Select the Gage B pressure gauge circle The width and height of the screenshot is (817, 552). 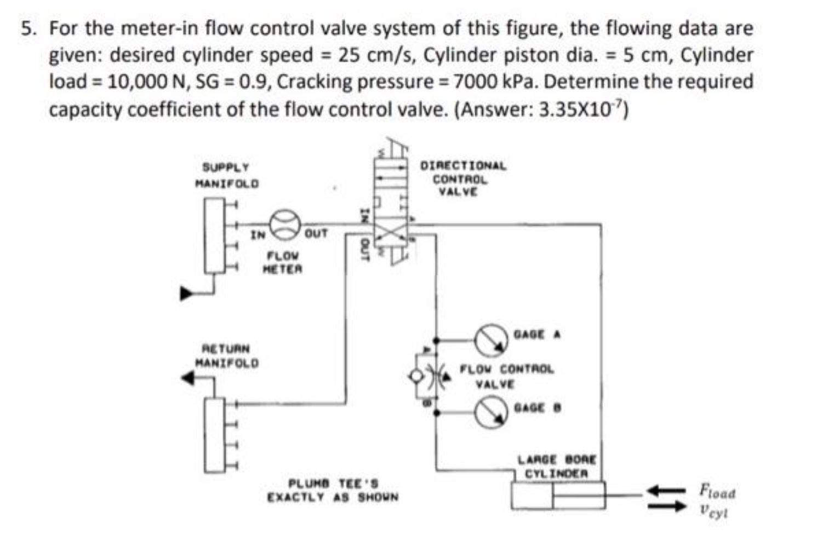coord(490,411)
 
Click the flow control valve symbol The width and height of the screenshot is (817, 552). coord(432,376)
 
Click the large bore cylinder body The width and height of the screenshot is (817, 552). coord(557,496)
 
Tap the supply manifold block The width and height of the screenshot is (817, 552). coord(214,235)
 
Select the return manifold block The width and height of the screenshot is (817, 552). coord(214,430)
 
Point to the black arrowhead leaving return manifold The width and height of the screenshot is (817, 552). coord(188,377)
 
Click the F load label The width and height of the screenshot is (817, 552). coord(717,491)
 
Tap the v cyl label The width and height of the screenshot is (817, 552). coord(713,511)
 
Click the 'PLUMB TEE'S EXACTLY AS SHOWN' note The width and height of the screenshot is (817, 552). coord(333,491)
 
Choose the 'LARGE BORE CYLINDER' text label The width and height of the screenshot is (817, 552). coord(557,467)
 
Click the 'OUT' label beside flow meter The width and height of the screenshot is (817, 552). coord(316,234)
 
